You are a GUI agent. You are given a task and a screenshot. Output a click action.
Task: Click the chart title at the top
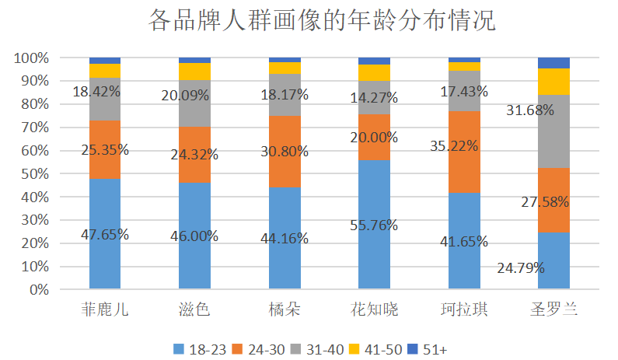point(321,20)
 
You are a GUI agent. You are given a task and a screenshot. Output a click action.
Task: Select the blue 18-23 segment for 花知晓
point(374,257)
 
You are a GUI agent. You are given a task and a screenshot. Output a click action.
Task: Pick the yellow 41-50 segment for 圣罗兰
point(553,81)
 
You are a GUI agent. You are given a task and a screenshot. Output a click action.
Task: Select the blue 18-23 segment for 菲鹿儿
point(105,260)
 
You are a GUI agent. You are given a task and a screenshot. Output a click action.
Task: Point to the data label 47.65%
point(105,234)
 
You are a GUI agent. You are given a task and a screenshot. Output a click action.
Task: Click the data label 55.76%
point(374,225)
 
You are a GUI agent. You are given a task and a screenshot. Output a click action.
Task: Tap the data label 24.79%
point(521,268)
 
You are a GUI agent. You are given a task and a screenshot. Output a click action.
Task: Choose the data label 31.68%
point(530,110)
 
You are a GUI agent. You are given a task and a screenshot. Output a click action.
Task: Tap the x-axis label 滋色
point(194,309)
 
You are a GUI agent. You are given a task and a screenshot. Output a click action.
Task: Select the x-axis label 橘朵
point(285,309)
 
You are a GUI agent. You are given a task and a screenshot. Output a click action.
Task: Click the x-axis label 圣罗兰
point(553,309)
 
